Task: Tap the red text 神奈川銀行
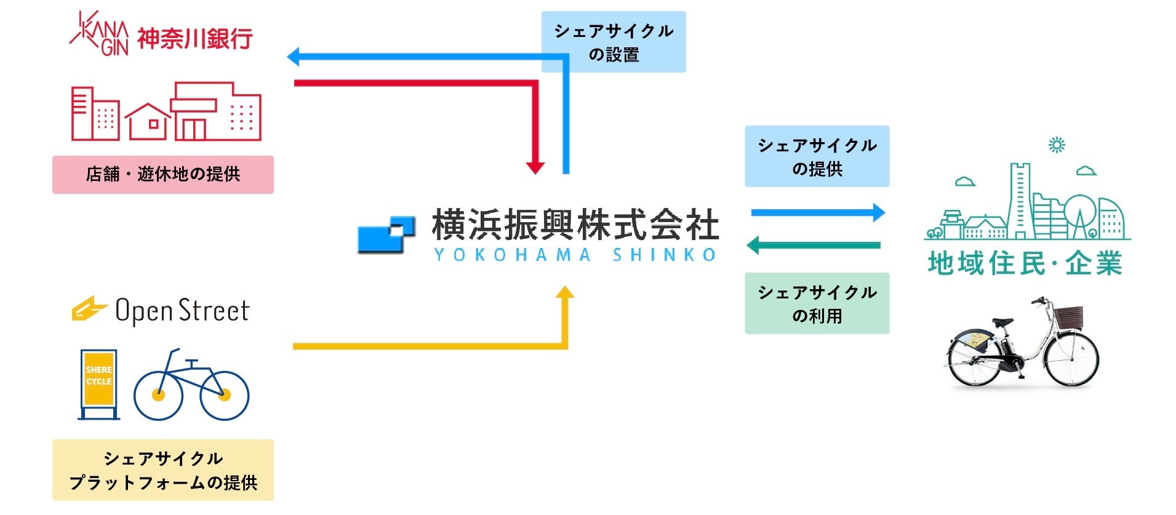pos(194,39)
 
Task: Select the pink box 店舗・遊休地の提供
pos(163,175)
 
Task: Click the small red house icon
pos(148,121)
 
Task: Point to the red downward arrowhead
pos(535,167)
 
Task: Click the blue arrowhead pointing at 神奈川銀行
pos(294,57)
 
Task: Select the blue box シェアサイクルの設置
pos(614,42)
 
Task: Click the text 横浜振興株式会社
pos(575,225)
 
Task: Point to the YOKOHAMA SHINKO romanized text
pos(575,255)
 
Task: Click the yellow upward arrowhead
pos(564,292)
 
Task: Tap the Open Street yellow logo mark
pos(89,309)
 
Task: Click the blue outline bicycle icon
pos(191,388)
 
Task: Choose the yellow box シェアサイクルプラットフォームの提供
pos(163,470)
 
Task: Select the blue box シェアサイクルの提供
pos(817,156)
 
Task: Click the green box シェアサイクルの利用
pos(817,303)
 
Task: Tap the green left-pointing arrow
pos(812,246)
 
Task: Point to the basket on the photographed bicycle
pos(1068,316)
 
